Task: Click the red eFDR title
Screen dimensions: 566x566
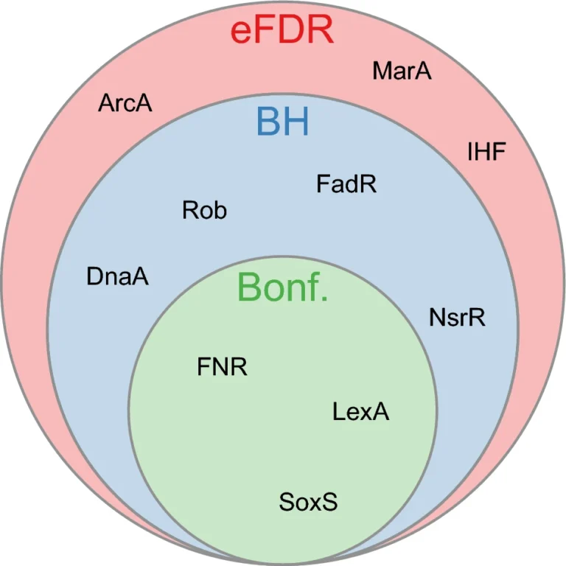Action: click(282, 31)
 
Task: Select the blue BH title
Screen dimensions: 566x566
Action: click(283, 122)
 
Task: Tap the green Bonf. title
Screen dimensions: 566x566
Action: click(283, 287)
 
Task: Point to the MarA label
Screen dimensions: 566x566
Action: click(402, 71)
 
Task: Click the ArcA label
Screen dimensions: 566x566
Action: click(125, 103)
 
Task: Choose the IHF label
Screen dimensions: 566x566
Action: click(486, 151)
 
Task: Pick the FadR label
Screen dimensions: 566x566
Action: click(346, 184)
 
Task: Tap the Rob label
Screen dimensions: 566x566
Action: click(204, 210)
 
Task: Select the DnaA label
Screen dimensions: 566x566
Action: click(117, 277)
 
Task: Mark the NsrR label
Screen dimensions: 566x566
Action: click(457, 318)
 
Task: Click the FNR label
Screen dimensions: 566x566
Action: click(222, 367)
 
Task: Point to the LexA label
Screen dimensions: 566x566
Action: click(360, 411)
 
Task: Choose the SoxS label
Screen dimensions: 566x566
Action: click(308, 502)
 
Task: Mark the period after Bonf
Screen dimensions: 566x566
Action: click(324, 298)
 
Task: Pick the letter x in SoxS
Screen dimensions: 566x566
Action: click(318, 504)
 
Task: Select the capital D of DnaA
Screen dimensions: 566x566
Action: click(94, 277)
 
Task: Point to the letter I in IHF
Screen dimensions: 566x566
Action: click(469, 151)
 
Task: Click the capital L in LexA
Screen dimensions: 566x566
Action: click(338, 411)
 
